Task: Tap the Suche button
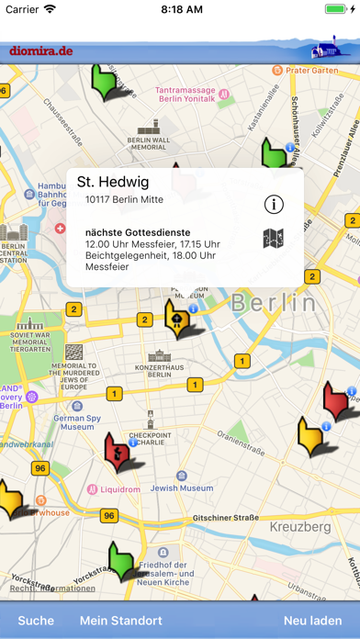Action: pos(36,621)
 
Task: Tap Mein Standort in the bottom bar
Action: pos(121,621)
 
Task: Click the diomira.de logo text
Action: pos(41,50)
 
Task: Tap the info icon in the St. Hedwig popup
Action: pos(273,204)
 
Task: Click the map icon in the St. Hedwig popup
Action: pos(273,240)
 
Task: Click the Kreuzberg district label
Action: pos(301,527)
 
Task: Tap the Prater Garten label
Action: pos(311,70)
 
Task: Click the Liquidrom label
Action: pos(119,489)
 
